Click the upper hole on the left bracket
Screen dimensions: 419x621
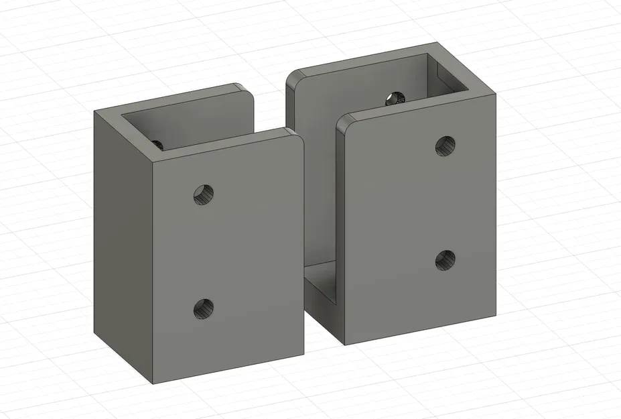[204, 194]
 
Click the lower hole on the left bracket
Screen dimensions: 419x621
[204, 308]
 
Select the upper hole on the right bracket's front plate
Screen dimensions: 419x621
[445, 145]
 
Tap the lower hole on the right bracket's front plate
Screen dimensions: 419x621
[445, 259]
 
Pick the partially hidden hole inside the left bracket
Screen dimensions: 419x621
[158, 143]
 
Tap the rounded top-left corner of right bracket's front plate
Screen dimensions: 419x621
[343, 121]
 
